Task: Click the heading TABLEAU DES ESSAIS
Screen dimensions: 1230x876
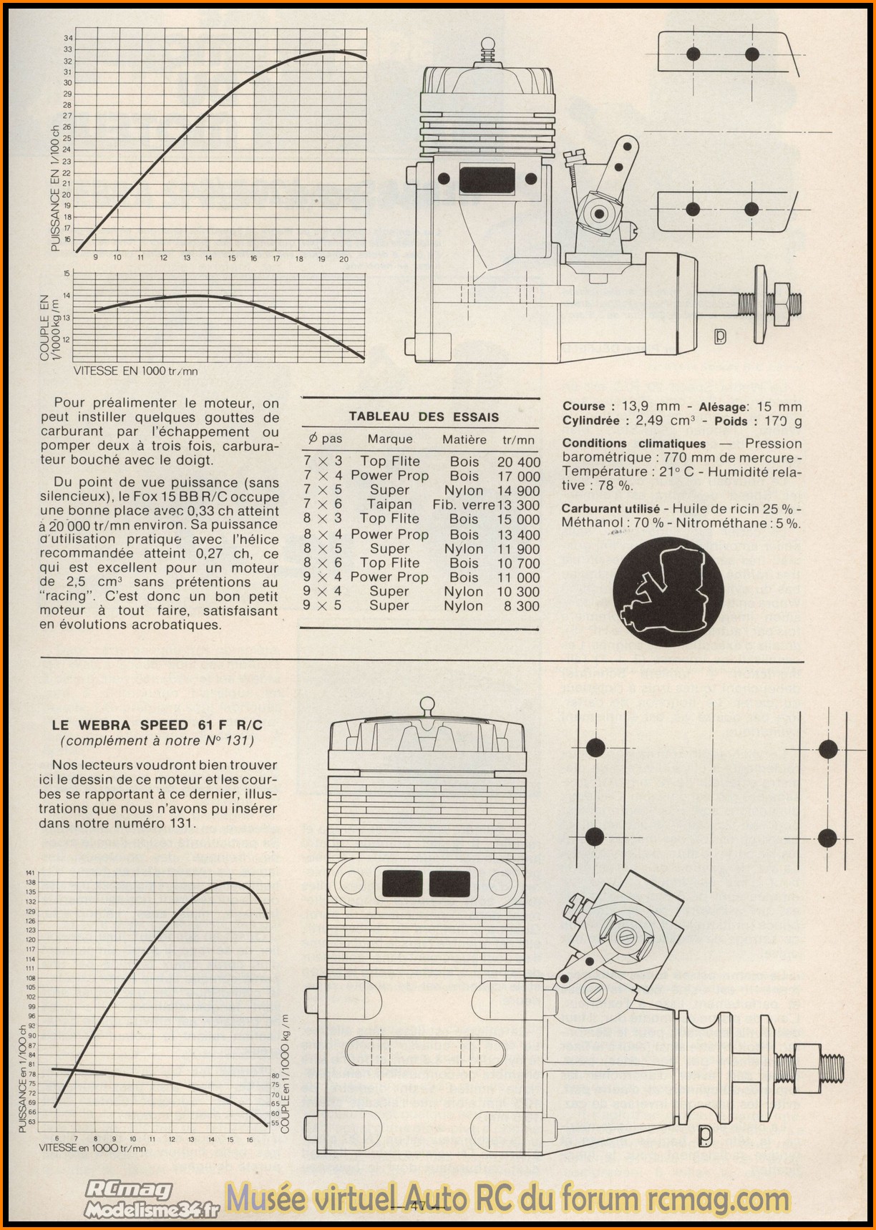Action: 424,416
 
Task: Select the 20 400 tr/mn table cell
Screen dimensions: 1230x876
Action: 519,462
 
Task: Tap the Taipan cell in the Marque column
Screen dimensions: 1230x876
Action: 389,504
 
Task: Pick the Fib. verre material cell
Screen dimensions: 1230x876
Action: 464,504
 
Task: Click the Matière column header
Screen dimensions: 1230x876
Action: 464,439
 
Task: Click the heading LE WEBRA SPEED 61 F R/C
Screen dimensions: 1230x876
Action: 157,726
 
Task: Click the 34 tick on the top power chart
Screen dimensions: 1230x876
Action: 68,38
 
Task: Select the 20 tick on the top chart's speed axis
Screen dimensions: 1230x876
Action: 344,259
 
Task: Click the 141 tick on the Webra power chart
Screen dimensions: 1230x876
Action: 30,873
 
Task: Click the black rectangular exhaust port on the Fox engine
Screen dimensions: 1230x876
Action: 487,179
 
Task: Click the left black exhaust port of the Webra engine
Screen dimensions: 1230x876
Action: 403,884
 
